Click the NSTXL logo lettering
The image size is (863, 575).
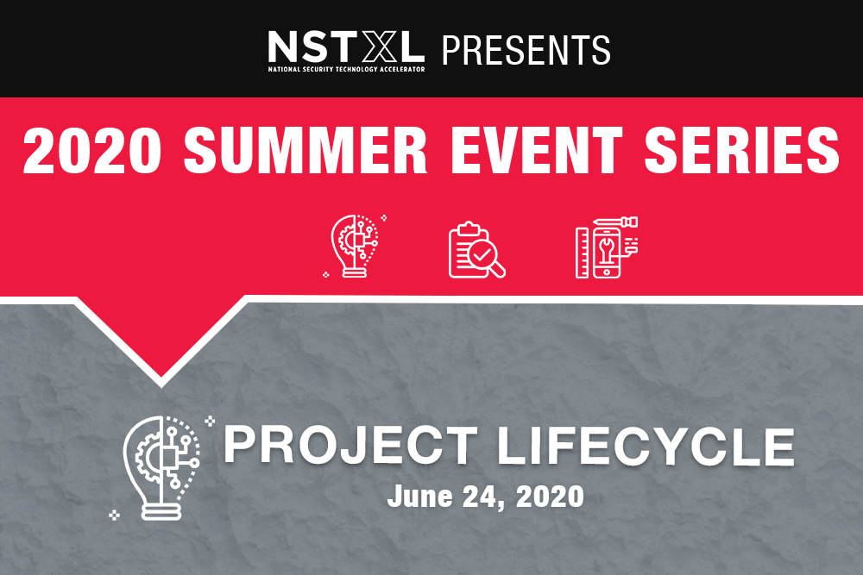(346, 47)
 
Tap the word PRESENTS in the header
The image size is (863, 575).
(526, 50)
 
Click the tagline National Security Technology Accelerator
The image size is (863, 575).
(346, 69)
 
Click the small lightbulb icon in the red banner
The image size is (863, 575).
(355, 246)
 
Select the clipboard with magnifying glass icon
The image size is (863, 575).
(476, 250)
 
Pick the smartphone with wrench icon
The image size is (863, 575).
(607, 247)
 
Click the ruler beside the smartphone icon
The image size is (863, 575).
(582, 253)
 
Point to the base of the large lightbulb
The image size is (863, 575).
(161, 511)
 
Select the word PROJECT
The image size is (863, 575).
(350, 446)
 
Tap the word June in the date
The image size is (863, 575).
(420, 497)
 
